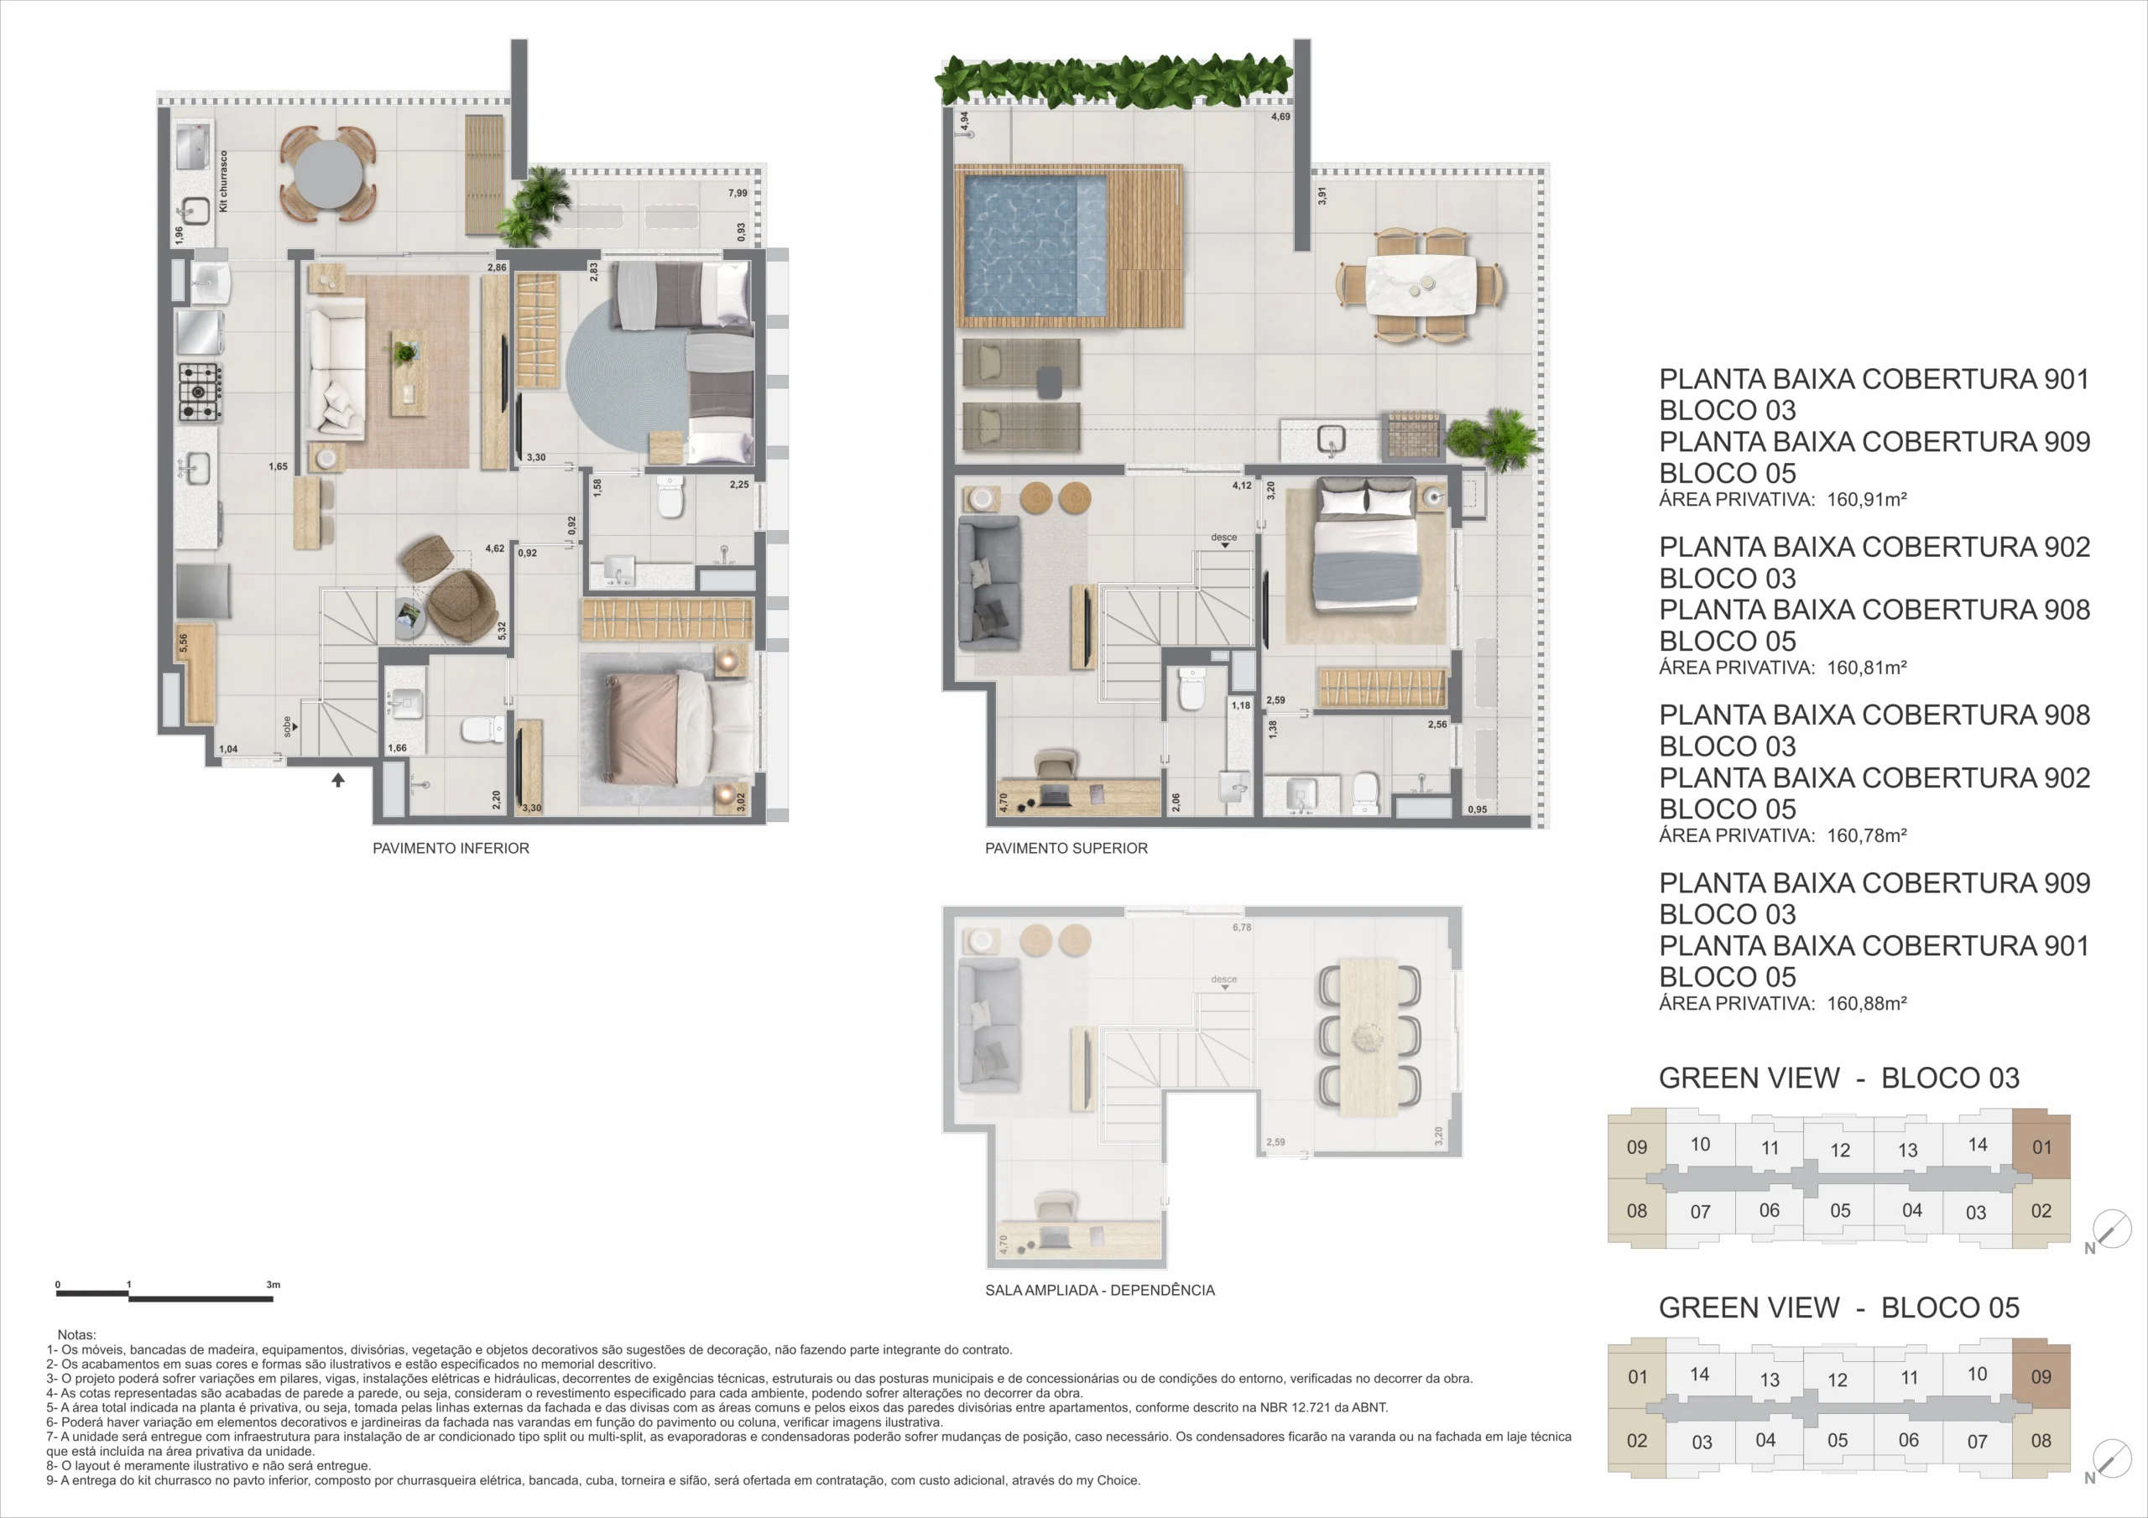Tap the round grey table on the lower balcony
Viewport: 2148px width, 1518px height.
click(327, 174)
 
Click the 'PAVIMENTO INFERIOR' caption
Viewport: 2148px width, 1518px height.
click(451, 849)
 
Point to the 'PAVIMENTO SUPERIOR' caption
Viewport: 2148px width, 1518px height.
click(1066, 849)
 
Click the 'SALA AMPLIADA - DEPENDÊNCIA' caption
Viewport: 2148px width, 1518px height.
click(1100, 1290)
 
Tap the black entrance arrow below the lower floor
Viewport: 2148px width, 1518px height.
click(338, 779)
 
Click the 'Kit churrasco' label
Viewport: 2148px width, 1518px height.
click(223, 181)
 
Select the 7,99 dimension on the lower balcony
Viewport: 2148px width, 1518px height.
click(738, 194)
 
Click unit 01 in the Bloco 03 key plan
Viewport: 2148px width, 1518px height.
click(2041, 1146)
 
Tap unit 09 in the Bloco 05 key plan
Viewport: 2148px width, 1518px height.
click(2041, 1377)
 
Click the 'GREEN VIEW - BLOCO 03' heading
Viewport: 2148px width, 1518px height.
click(1839, 1078)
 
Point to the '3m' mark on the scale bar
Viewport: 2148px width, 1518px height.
click(274, 1284)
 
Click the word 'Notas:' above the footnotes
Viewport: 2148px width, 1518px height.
click(76, 1334)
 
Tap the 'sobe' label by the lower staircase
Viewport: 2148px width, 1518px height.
click(287, 727)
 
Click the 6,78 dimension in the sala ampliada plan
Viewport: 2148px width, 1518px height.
click(1242, 927)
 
